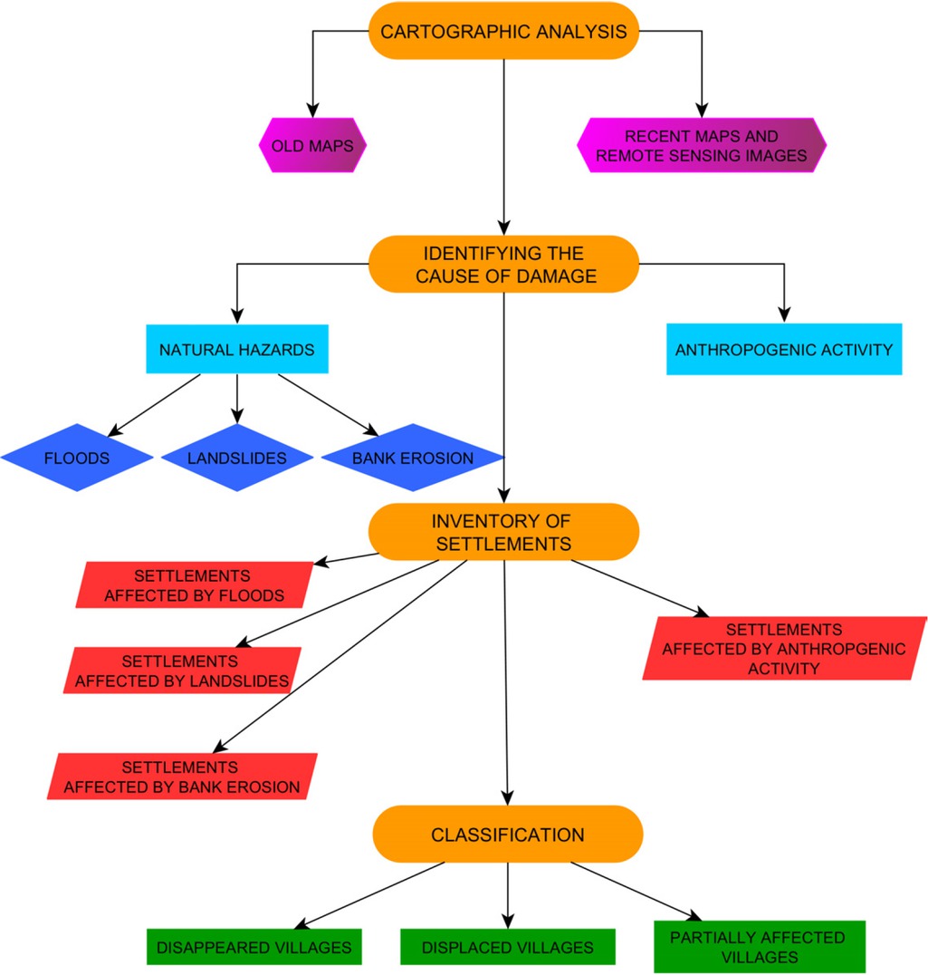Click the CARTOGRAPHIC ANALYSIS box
tap(503, 32)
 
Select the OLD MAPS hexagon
tap(312, 145)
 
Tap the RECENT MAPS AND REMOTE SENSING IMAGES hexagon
tap(702, 145)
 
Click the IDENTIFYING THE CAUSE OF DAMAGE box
tap(503, 265)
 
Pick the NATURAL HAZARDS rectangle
tap(237, 349)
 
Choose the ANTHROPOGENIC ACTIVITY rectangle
tap(784, 349)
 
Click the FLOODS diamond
tap(77, 458)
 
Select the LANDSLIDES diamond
tap(237, 458)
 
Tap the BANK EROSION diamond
tap(412, 458)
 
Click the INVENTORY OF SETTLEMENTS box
tap(503, 532)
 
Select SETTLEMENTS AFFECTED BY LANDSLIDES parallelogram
tap(181, 671)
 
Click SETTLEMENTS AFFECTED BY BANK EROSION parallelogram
tap(181, 777)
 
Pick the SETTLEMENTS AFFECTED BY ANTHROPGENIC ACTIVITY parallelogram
tap(784, 648)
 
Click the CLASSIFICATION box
tap(507, 835)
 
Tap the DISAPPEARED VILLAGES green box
tap(254, 947)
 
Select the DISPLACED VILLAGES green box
tap(507, 947)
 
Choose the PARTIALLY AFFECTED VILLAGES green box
tap(759, 947)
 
